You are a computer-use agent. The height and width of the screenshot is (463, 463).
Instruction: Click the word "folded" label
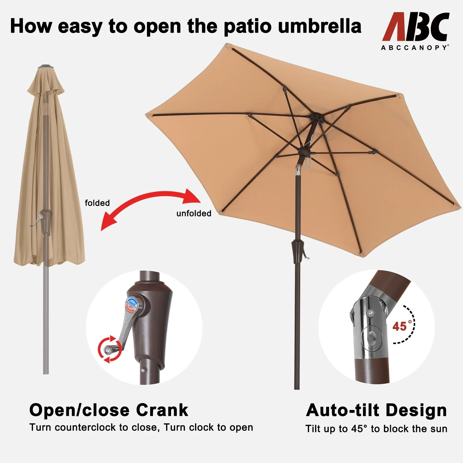pos(97,203)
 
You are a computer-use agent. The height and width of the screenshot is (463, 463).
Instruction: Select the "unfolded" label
pos(194,213)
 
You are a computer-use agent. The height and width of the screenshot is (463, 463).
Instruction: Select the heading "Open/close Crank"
pos(109,410)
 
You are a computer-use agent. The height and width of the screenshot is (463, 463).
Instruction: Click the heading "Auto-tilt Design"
pos(376,410)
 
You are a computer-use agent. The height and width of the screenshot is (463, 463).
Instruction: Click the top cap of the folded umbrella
pos(46,67)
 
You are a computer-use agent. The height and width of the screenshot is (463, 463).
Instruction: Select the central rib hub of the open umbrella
pos(315,118)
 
